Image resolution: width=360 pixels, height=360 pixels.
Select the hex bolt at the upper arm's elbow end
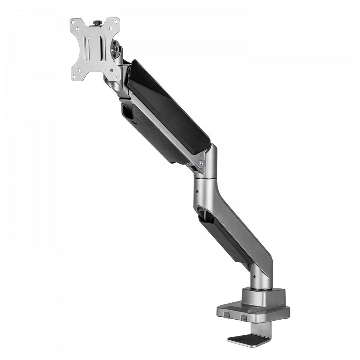(202, 163)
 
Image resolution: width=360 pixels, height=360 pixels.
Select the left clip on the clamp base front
(226, 316)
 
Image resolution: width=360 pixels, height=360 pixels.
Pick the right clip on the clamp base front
(244, 318)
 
